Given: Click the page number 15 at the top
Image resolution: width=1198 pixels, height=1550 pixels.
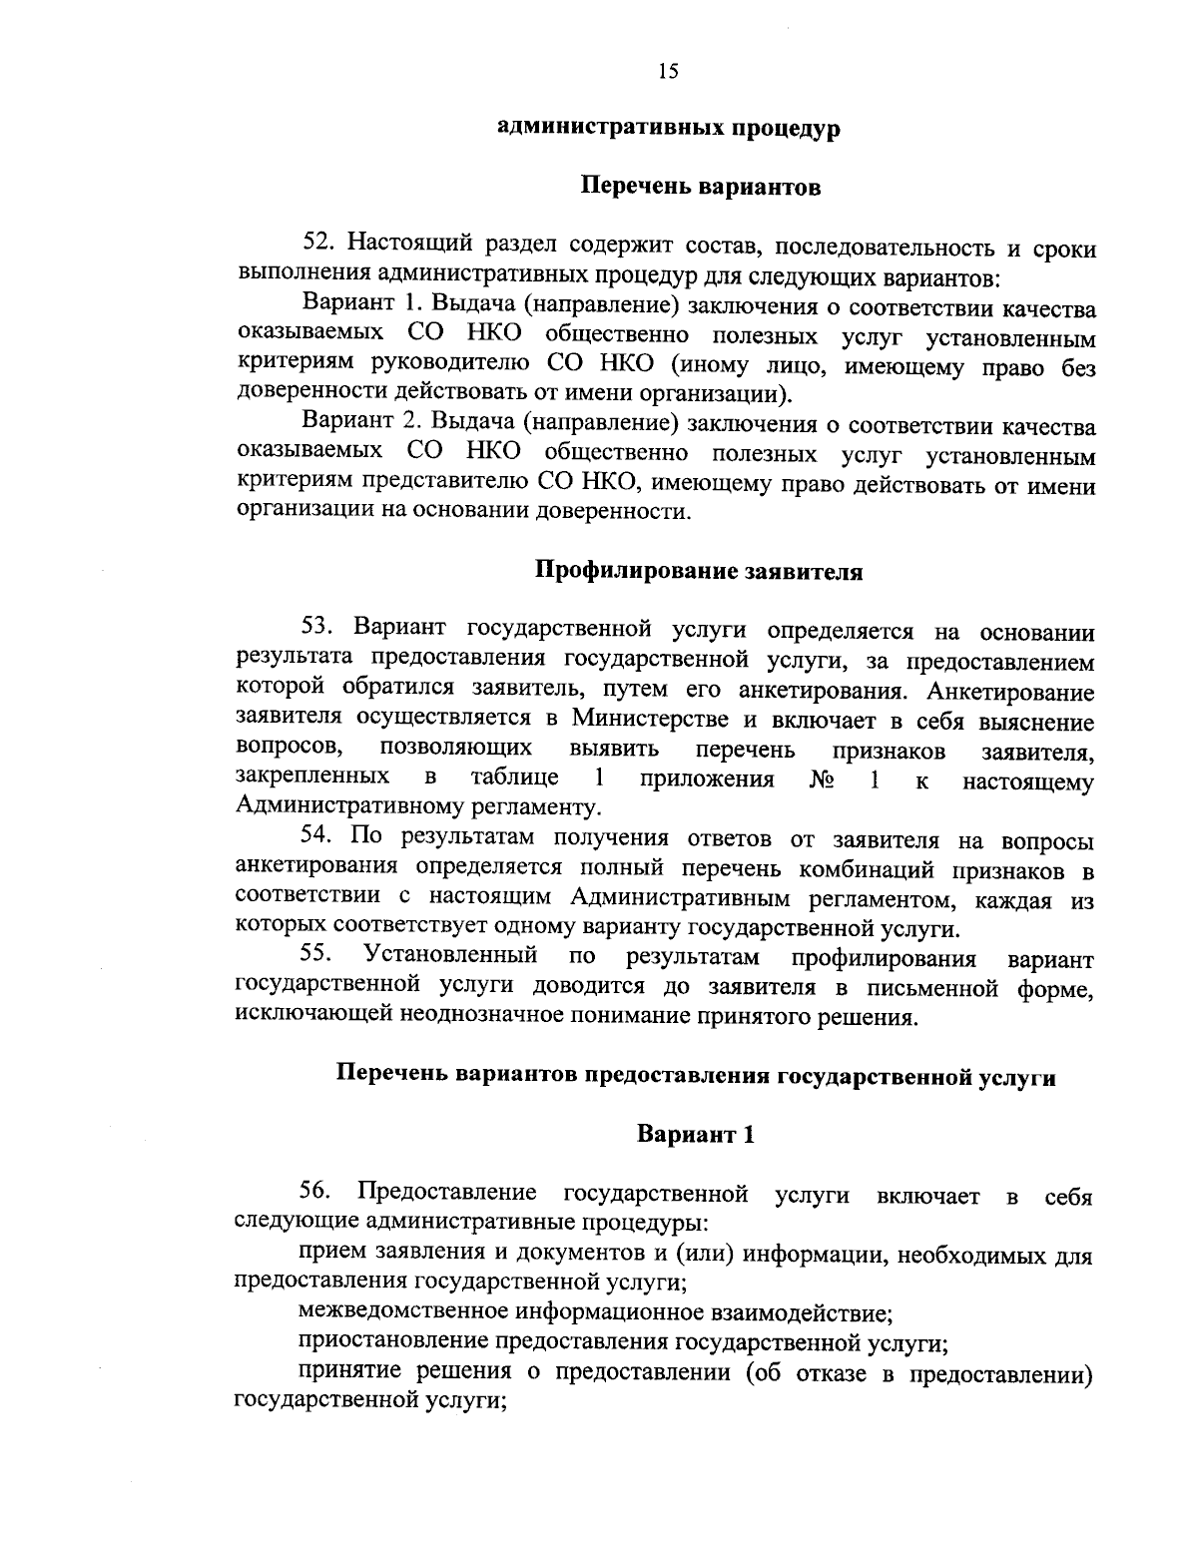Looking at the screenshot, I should pyautogui.click(x=668, y=70).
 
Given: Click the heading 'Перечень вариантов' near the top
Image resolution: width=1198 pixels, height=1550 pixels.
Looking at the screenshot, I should pyautogui.click(x=701, y=187).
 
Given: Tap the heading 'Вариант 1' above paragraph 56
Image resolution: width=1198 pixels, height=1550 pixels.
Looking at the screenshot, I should pyautogui.click(x=695, y=1134).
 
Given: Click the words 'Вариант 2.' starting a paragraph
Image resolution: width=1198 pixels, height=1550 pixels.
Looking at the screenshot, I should pyautogui.click(x=360, y=427).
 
